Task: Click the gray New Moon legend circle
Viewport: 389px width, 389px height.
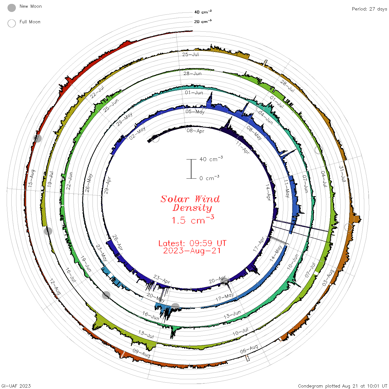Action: (x=11, y=8)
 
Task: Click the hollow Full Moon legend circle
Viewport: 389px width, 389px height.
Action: (x=11, y=23)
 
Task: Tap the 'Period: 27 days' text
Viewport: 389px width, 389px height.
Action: (x=369, y=9)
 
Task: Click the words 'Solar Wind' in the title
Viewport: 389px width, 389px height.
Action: (x=190, y=199)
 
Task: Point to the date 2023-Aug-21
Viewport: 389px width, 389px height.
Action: (x=192, y=251)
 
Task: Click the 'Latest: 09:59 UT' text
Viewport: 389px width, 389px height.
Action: (x=192, y=243)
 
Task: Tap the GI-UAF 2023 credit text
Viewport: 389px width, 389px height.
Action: (x=16, y=386)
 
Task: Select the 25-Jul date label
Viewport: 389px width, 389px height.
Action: (x=190, y=54)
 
